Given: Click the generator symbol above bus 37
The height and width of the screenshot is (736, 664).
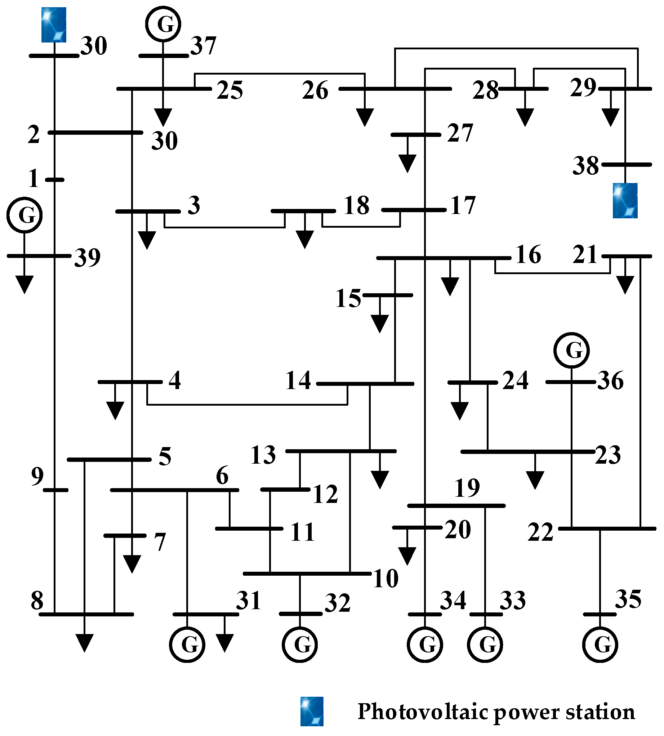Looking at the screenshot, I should click(163, 24).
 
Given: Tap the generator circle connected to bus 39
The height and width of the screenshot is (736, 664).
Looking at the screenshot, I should click(24, 215).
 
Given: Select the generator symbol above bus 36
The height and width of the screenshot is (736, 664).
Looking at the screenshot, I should click(571, 350).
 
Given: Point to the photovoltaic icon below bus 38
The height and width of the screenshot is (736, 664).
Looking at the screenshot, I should click(625, 201).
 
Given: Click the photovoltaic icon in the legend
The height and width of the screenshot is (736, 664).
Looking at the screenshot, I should click(312, 712).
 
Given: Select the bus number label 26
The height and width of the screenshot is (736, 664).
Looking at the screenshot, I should click(315, 90).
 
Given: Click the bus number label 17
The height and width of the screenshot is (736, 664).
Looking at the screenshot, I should click(463, 205).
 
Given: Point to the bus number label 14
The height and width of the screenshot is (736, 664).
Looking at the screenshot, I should click(298, 380).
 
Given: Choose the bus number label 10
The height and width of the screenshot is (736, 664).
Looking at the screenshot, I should click(386, 579).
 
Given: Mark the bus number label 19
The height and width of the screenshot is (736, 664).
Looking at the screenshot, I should click(467, 488).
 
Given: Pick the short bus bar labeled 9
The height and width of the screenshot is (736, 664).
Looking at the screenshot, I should click(55, 490).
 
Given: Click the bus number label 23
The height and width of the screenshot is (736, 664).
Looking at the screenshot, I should click(608, 455).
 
